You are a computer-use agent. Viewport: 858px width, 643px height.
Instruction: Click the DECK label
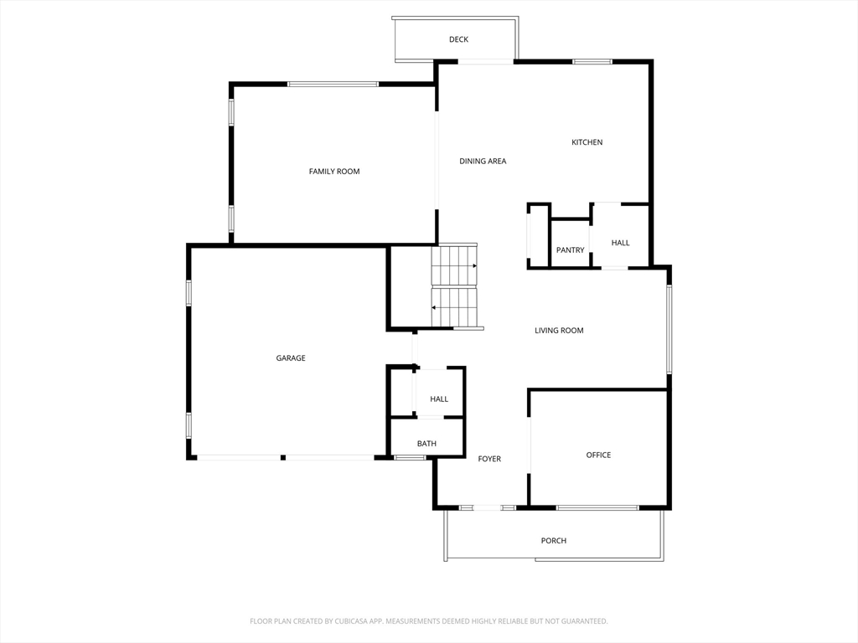(x=458, y=39)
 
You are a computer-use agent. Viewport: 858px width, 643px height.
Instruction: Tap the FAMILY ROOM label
(x=334, y=172)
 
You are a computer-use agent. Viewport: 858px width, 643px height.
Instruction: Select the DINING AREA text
(x=483, y=162)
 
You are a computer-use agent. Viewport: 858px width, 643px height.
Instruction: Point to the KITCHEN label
(x=587, y=142)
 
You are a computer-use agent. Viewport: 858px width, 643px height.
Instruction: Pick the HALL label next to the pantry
(x=621, y=243)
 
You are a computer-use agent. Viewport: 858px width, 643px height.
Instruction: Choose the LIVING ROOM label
(x=559, y=330)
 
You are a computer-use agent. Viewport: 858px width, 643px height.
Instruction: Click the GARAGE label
(x=291, y=358)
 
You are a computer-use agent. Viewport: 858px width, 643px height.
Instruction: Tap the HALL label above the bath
(x=439, y=399)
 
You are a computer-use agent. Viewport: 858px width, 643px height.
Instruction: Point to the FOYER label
(x=489, y=459)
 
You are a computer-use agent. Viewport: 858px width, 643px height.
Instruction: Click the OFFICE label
(x=598, y=455)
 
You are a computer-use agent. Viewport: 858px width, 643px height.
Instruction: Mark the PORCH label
(x=554, y=541)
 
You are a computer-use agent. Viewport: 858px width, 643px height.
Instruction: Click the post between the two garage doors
(x=283, y=457)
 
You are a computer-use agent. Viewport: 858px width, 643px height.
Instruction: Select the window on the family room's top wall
(x=333, y=85)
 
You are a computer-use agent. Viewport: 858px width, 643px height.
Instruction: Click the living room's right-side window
(x=669, y=330)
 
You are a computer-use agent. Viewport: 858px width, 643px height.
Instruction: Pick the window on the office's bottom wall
(x=597, y=508)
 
